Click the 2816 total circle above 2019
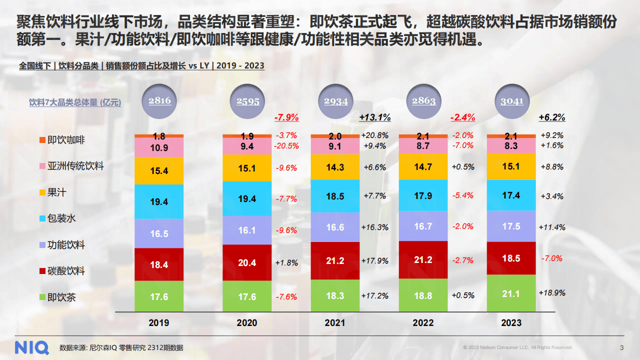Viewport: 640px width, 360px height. tap(159, 101)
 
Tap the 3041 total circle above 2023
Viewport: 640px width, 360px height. tap(511, 101)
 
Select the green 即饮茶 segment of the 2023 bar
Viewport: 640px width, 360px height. tap(511, 293)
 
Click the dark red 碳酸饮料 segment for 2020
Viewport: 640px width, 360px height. tap(247, 262)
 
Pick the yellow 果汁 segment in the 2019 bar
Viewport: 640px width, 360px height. tap(159, 171)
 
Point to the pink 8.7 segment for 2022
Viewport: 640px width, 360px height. tap(423, 145)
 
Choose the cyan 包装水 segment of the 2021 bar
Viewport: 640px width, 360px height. tap(335, 196)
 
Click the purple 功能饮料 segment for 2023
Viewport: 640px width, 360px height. tap(511, 226)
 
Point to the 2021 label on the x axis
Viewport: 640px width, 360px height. tap(335, 323)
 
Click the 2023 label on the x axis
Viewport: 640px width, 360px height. tap(511, 323)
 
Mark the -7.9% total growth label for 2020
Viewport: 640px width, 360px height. tap(286, 118)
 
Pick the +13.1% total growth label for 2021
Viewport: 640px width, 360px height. tap(374, 118)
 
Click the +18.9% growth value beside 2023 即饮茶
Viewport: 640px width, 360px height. tap(551, 293)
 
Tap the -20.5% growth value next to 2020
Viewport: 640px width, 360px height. tap(286, 146)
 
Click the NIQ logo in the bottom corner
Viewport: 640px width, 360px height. tap(31, 347)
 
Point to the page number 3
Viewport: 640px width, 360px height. tap(621, 347)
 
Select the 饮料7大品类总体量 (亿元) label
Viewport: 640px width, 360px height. tap(75, 103)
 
